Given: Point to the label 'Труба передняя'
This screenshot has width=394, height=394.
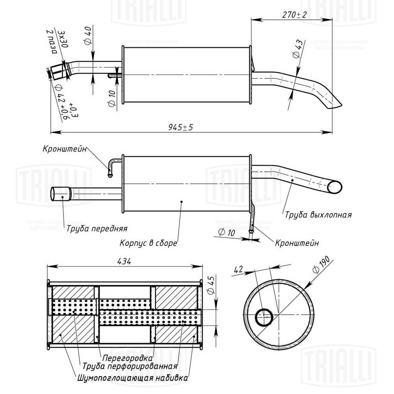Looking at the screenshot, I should point(97,228).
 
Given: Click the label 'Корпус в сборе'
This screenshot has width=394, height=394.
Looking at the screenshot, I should point(148,243).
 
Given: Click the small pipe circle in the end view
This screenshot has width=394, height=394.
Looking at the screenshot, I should point(263,316).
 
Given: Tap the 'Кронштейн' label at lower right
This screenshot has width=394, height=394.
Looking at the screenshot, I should point(297,243).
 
